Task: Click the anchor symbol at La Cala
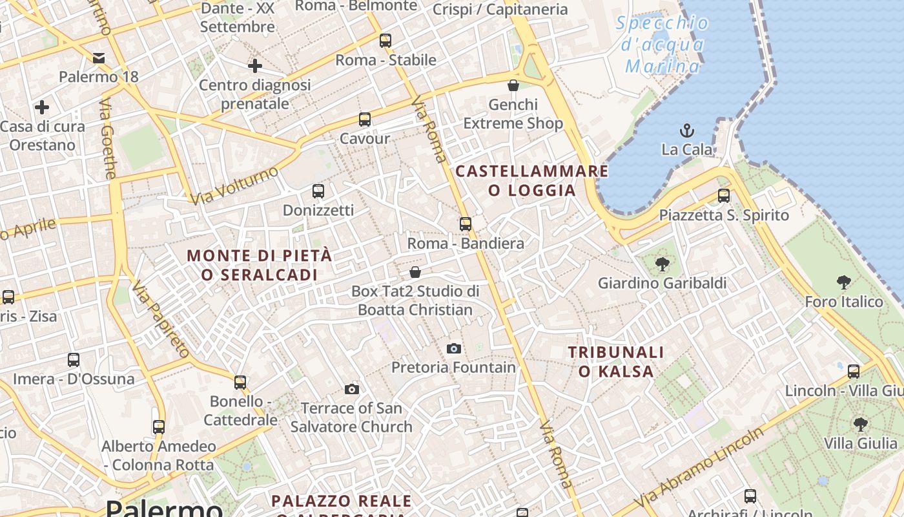click(x=686, y=131)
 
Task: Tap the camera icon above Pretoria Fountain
click(x=454, y=349)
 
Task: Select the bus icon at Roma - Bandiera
click(x=466, y=224)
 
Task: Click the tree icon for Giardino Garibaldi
click(x=662, y=264)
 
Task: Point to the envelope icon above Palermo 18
click(x=99, y=58)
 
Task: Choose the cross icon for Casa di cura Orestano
click(x=42, y=107)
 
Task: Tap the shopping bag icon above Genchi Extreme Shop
click(x=513, y=85)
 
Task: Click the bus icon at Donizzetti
click(x=318, y=191)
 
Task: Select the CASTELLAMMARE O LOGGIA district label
click(x=532, y=180)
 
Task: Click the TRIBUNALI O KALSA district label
click(x=616, y=361)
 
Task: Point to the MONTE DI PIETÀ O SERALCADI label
click(x=260, y=265)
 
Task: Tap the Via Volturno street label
click(x=235, y=185)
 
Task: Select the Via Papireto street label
click(x=161, y=319)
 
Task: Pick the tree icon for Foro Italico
click(x=843, y=282)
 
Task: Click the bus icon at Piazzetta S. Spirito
click(x=724, y=196)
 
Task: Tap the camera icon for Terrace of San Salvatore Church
click(x=352, y=389)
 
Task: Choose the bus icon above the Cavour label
click(x=365, y=120)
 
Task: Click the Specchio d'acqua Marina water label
click(x=663, y=45)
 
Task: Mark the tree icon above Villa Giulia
click(x=860, y=425)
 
